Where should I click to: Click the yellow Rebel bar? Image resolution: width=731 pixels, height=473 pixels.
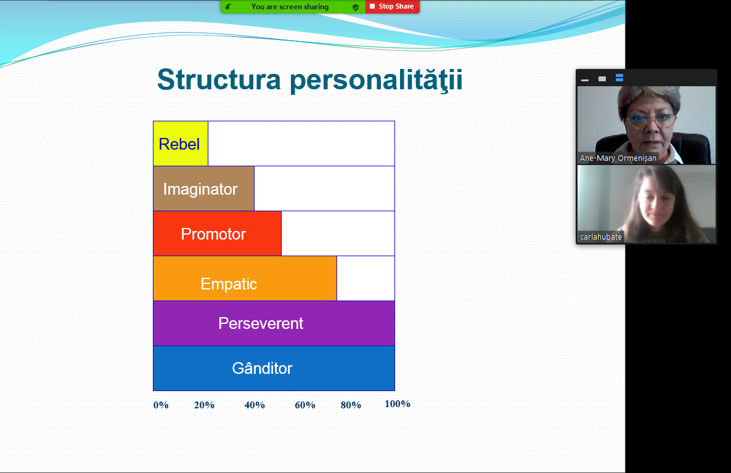(x=181, y=144)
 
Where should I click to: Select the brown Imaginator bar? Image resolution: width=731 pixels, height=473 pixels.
(x=204, y=188)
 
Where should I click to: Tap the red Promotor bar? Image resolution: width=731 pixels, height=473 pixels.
(x=217, y=233)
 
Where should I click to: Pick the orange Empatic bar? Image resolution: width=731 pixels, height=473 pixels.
(x=245, y=278)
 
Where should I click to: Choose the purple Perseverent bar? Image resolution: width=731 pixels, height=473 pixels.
(x=274, y=323)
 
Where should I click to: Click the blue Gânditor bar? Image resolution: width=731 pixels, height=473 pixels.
(x=274, y=368)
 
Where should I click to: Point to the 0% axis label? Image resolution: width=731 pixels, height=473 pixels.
(x=161, y=405)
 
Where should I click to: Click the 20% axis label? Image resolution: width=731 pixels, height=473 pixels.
(x=204, y=405)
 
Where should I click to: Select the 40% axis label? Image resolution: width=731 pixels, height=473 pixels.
(x=255, y=405)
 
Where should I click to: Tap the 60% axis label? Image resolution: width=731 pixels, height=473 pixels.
(x=305, y=405)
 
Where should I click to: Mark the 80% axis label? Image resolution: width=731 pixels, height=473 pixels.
(x=351, y=405)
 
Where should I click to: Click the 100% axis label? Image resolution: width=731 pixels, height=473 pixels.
(x=397, y=404)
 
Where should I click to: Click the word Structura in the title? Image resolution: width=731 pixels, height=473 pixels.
(x=219, y=79)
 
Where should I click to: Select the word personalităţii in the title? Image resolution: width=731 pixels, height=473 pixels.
(x=376, y=80)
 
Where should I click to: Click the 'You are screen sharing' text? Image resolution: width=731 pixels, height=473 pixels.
(x=290, y=7)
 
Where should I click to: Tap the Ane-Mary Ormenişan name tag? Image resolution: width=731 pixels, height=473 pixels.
(x=618, y=158)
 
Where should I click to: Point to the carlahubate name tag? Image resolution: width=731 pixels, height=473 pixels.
(x=601, y=236)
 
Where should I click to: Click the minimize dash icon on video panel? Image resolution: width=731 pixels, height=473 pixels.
(x=585, y=80)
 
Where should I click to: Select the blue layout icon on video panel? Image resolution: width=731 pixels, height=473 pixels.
(x=619, y=78)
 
